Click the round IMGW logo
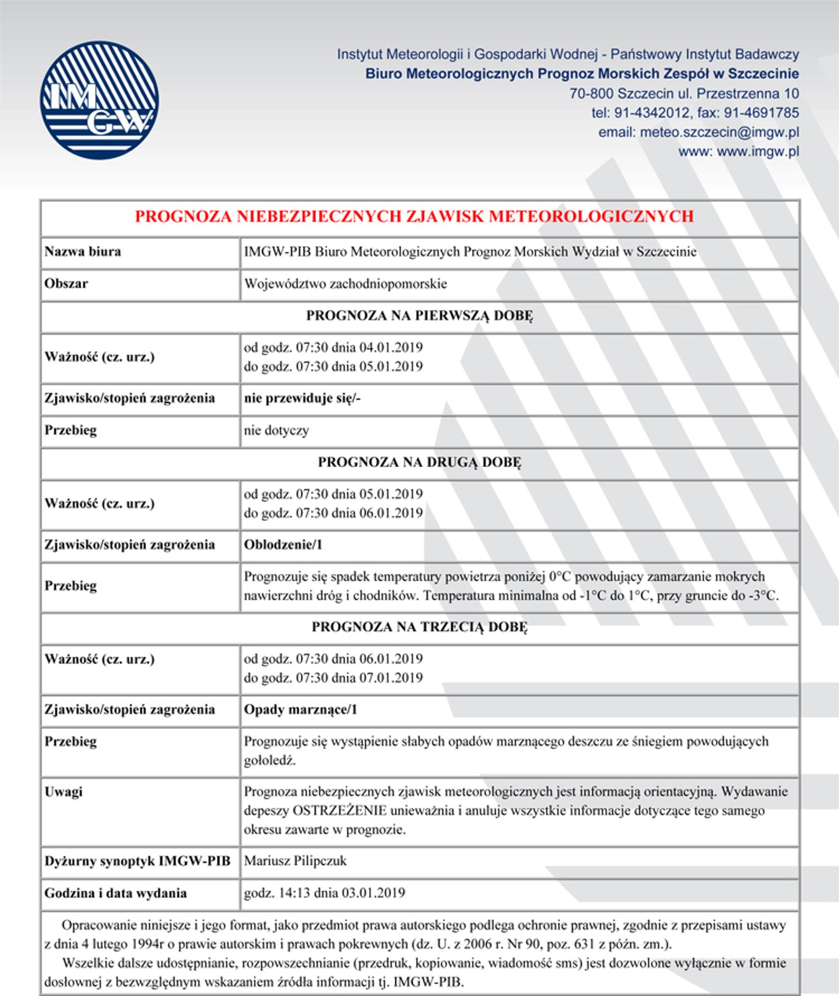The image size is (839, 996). (99, 100)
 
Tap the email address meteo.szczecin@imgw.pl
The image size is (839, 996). (719, 132)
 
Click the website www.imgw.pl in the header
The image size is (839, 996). (758, 151)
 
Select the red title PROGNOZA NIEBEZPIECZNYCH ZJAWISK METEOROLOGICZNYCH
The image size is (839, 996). (414, 217)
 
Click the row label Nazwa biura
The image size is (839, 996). (83, 252)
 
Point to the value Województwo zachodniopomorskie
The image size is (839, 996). (345, 284)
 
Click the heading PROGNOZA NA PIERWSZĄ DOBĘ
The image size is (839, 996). (420, 315)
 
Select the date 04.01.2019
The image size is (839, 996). (391, 347)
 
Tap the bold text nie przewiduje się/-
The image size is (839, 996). (302, 398)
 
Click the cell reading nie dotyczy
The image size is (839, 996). (276, 430)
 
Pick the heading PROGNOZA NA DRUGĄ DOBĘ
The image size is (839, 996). (420, 462)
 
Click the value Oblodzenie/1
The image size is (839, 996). (283, 545)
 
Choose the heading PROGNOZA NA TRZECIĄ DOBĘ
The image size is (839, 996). (420, 627)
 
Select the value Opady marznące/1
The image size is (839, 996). (301, 710)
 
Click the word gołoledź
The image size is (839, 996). (270, 761)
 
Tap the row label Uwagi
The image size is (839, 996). (64, 791)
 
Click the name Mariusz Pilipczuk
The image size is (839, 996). (295, 861)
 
